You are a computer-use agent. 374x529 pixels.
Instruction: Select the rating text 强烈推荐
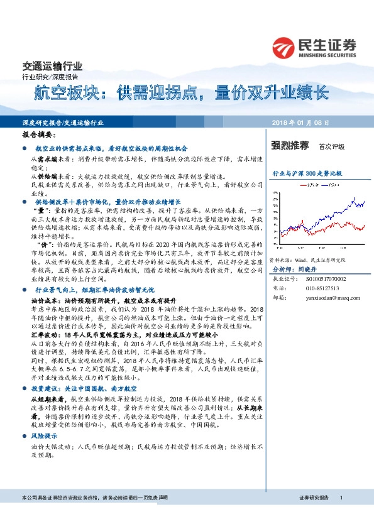click(x=290, y=146)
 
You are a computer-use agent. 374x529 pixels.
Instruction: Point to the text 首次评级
click(x=332, y=146)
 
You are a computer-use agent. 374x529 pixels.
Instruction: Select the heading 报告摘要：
click(x=39, y=135)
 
